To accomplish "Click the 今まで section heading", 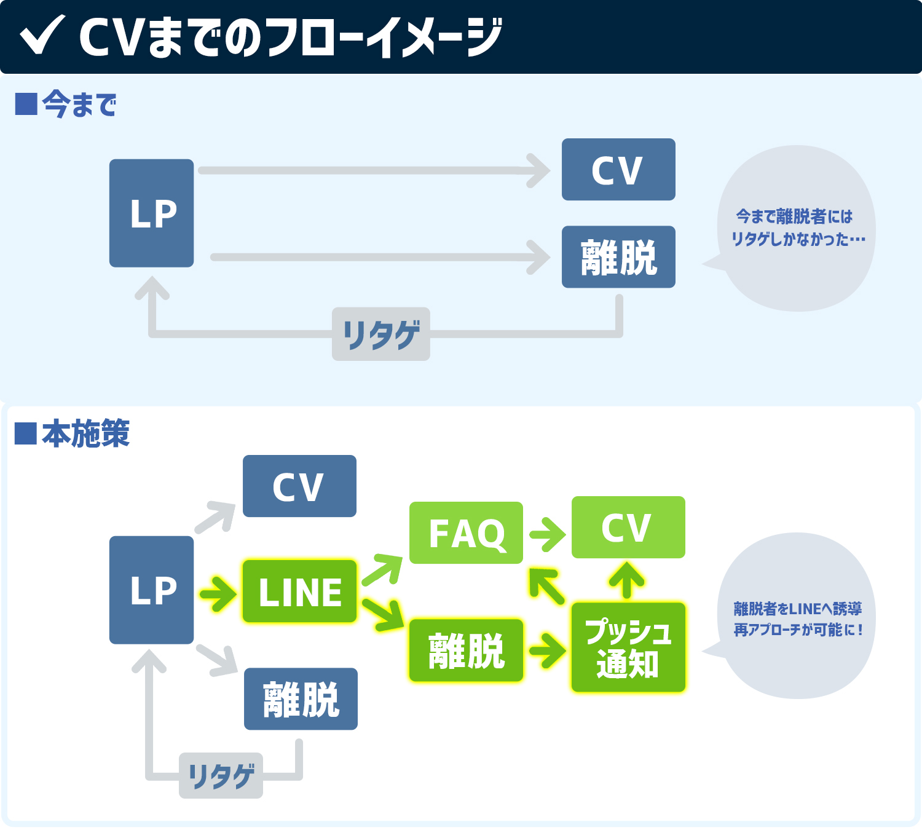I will [x=66, y=104].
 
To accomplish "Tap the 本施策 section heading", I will [x=73, y=433].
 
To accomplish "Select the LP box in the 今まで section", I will [x=152, y=213].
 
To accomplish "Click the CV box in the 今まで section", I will [x=618, y=170].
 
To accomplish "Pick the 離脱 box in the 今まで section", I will [x=618, y=257].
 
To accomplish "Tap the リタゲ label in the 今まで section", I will [x=381, y=334].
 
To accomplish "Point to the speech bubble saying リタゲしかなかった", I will [x=797, y=228].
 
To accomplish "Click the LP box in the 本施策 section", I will [x=152, y=590].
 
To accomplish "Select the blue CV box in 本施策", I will [x=299, y=486].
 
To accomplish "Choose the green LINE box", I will [x=300, y=591].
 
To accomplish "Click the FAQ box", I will [x=467, y=533].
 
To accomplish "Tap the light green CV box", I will [x=628, y=528].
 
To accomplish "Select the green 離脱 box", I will [x=467, y=650].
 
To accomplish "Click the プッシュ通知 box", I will [x=628, y=648].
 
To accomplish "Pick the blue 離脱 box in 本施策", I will [x=301, y=699].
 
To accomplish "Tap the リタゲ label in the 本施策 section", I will [x=221, y=776].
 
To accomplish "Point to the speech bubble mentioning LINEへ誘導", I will [x=797, y=618].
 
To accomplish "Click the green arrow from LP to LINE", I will [x=218, y=594].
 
